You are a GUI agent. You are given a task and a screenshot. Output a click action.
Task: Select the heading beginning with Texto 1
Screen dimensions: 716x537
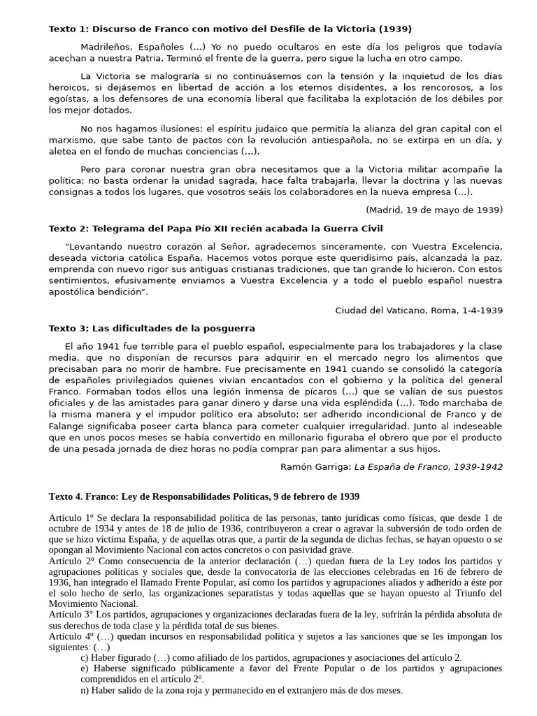pyautogui.click(x=230, y=29)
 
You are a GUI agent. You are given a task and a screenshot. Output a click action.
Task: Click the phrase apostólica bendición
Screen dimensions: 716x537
pyautogui.click(x=97, y=292)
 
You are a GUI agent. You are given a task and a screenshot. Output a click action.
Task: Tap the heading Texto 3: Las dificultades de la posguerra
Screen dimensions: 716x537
pyautogui.click(x=152, y=328)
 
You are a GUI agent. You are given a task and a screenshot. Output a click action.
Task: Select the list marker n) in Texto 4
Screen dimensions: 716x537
pyautogui.click(x=85, y=690)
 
